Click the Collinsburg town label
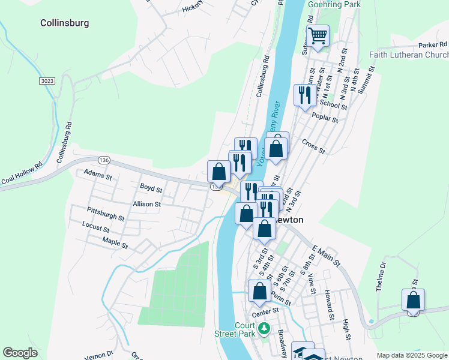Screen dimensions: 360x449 (x=64, y=23)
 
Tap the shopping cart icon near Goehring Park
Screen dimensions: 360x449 (x=318, y=35)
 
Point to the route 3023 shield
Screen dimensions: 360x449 (x=46, y=80)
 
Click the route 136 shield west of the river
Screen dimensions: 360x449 (x=104, y=160)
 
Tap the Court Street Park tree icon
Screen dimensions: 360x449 (x=263, y=329)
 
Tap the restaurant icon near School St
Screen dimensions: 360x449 (x=304, y=95)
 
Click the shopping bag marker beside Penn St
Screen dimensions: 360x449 (x=259, y=292)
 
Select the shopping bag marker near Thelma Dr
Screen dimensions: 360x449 (x=413, y=300)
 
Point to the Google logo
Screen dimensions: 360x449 (x=20, y=353)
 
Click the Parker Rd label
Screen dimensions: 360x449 (x=433, y=44)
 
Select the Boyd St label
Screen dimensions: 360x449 (x=151, y=188)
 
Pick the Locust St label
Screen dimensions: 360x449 (x=96, y=229)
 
